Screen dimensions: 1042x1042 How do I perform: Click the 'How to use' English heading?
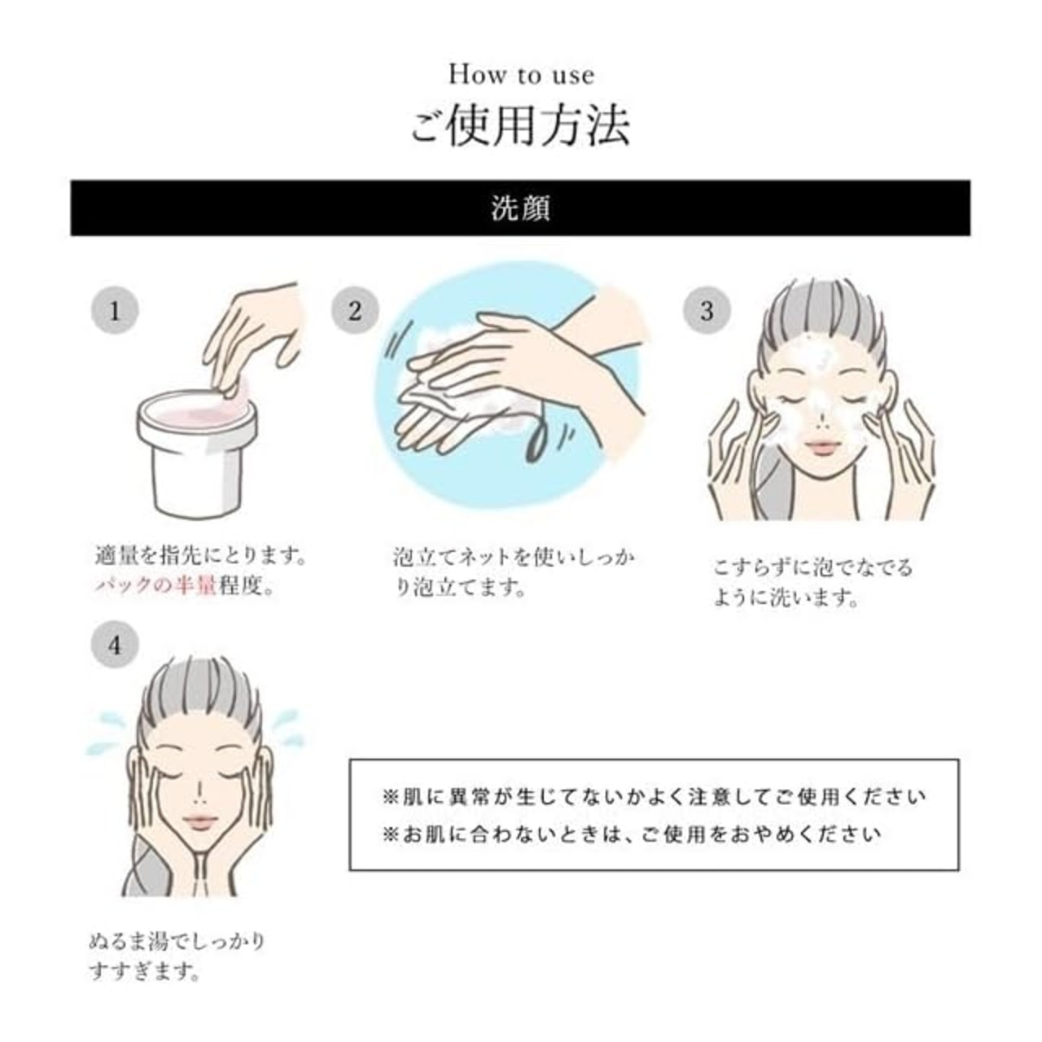coord(521,75)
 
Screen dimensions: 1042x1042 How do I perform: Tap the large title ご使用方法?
coord(520,126)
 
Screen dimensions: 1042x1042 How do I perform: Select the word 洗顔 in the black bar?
coord(520,208)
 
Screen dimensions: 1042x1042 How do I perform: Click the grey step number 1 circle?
coord(115,311)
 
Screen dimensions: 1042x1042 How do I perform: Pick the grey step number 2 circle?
coord(355,311)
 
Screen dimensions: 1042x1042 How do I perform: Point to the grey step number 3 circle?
coord(707,311)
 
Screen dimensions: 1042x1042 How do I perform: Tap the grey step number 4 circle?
coord(115,645)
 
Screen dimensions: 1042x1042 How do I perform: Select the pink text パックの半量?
coord(156,585)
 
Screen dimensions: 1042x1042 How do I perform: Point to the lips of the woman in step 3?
coord(823,448)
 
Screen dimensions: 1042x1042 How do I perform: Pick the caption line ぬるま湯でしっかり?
coord(177,941)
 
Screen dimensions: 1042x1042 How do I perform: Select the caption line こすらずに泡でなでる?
coord(812,567)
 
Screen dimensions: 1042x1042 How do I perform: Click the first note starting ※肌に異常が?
coord(654,796)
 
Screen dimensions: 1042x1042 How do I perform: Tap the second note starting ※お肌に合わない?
coord(632,834)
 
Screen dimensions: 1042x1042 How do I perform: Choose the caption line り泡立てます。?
coord(460,588)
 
